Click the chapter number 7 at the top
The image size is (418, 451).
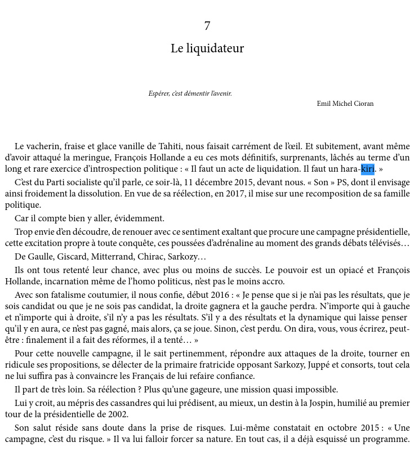[x=207, y=26]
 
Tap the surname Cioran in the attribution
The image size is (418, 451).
[x=362, y=104]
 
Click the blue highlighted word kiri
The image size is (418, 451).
[x=367, y=169]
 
